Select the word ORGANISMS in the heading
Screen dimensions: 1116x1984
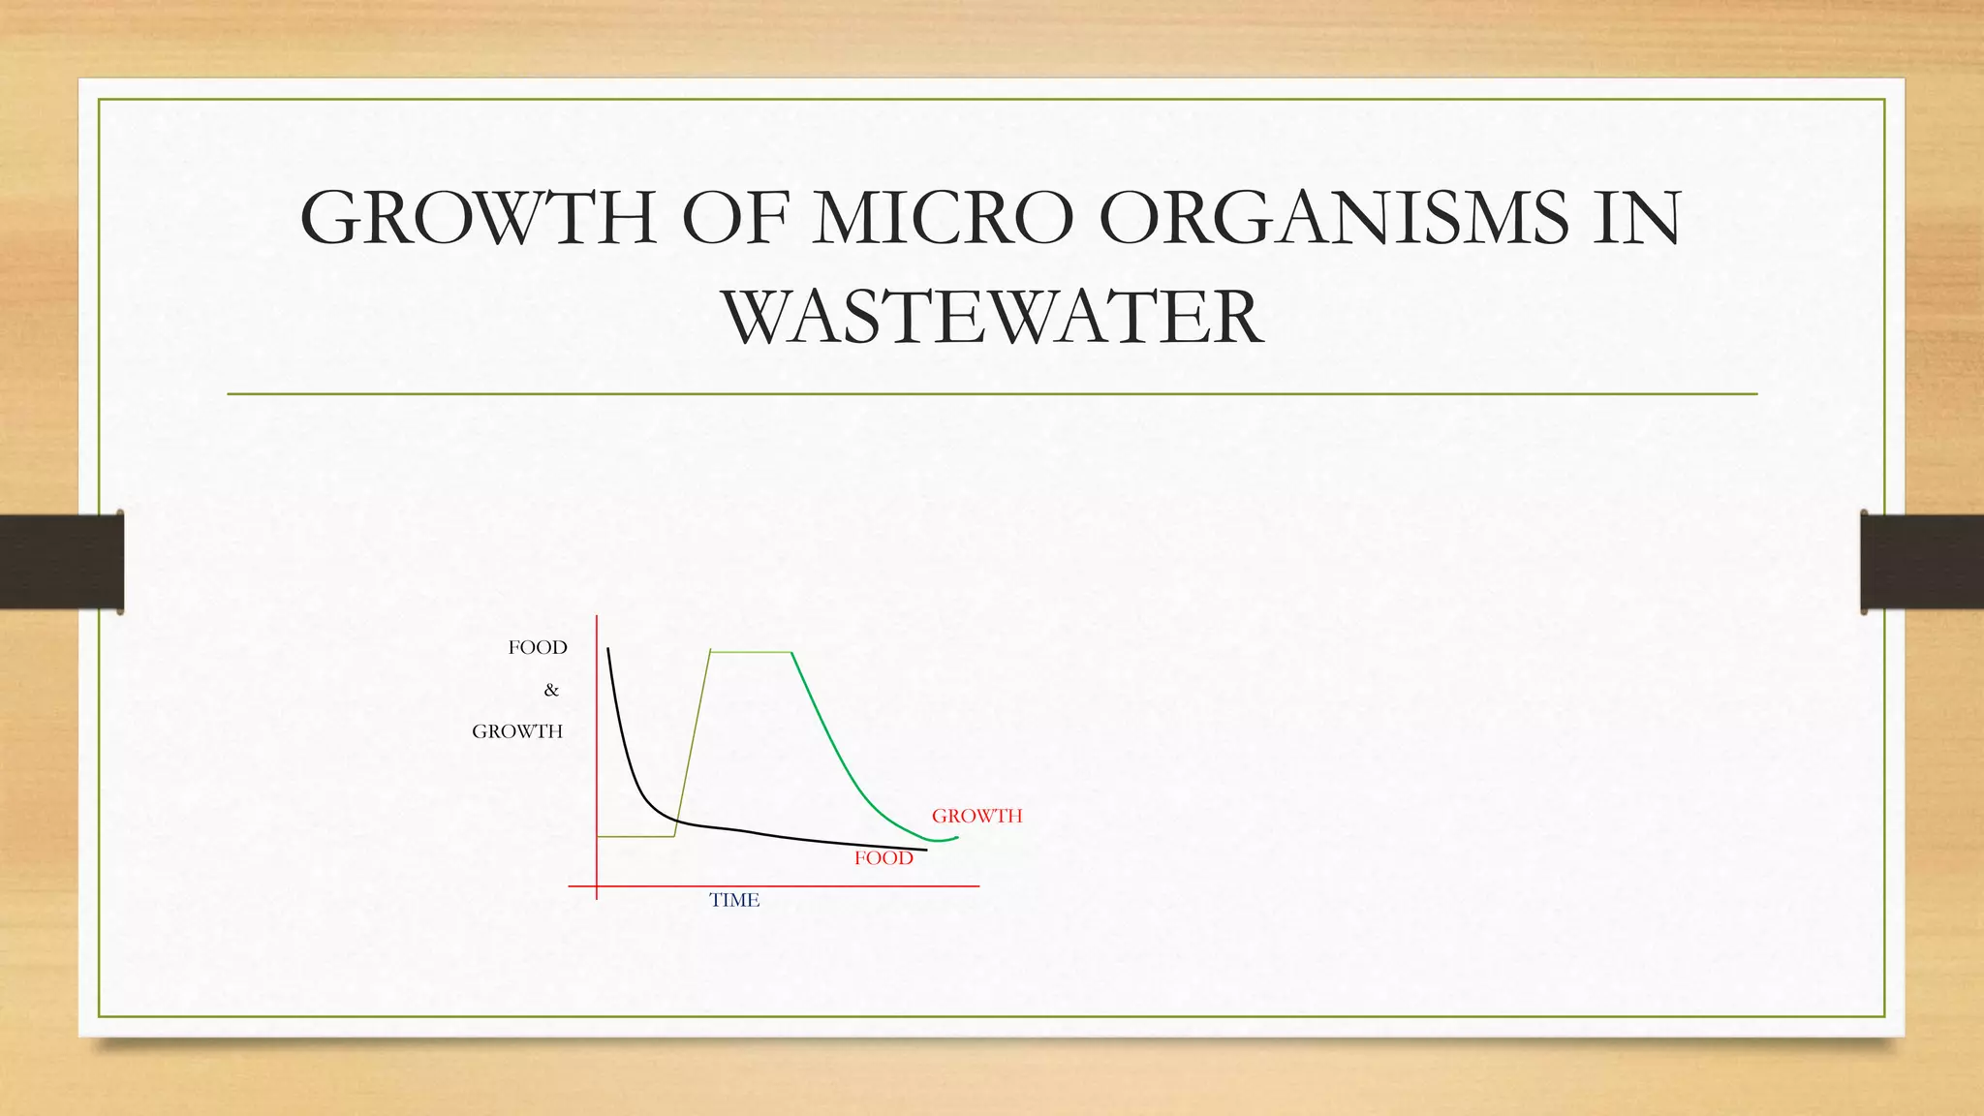click(x=1334, y=218)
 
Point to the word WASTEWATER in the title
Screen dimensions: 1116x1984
click(x=992, y=317)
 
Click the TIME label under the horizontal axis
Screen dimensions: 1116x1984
click(x=734, y=900)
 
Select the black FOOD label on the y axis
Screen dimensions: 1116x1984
click(x=538, y=647)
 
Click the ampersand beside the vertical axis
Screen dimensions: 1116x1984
click(x=551, y=690)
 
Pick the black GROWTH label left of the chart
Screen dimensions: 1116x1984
click(x=517, y=731)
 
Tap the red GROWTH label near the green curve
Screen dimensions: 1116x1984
click(x=976, y=816)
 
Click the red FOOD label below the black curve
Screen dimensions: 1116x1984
click(x=883, y=858)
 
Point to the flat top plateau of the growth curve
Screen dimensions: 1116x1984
click(x=752, y=652)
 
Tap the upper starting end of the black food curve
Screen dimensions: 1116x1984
click(x=608, y=651)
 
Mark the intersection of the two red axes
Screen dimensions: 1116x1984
click(x=597, y=885)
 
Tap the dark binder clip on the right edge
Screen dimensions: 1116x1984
click(x=1922, y=562)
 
